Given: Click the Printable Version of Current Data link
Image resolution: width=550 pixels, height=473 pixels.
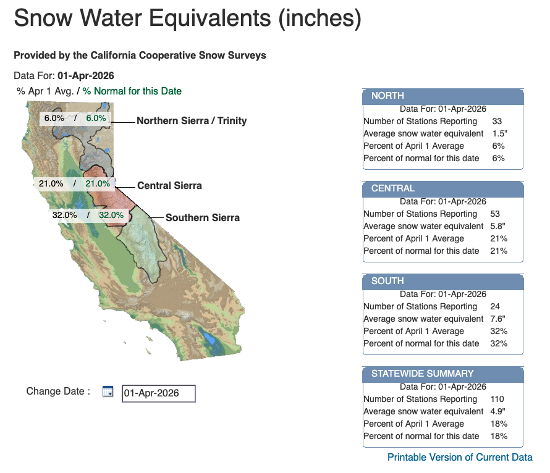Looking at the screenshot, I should point(459,458).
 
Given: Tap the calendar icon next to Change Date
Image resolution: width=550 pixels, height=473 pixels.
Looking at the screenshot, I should point(108,391).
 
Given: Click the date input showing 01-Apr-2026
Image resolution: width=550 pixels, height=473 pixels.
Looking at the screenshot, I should point(159,393).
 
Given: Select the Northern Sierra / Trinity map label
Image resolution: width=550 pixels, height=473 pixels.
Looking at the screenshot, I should point(192,121).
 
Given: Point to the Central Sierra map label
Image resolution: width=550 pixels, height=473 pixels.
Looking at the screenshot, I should point(169,185).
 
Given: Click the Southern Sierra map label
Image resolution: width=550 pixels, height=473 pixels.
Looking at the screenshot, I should point(202,217).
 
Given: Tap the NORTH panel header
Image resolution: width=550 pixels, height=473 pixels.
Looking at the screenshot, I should point(442,96).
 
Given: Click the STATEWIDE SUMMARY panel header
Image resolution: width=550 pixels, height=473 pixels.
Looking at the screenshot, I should point(442,374).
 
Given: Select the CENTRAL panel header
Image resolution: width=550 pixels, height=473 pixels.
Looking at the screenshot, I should point(442,188).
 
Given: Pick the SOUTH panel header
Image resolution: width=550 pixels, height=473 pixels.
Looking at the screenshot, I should point(442,281).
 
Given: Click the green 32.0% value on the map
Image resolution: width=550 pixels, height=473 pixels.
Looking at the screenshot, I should point(111,216).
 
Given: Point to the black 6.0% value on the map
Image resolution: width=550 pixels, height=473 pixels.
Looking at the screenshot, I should point(54,118).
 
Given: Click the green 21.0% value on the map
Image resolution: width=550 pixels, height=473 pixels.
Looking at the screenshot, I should point(98,183).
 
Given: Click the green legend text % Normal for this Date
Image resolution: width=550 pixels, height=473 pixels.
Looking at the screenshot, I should point(132,91).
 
